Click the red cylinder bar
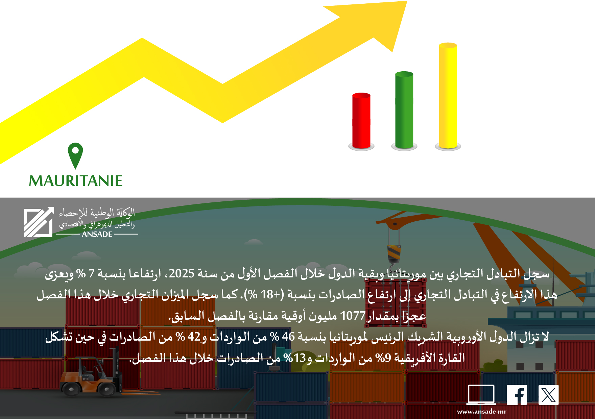[361, 121]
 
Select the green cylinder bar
[404, 110]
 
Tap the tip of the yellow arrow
[407, 1]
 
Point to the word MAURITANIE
[76, 181]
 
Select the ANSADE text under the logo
[97, 234]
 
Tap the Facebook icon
[517, 395]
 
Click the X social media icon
[548, 395]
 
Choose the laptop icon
[481, 395]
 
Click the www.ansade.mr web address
[482, 412]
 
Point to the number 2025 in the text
[182, 273]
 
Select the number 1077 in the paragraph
[353, 316]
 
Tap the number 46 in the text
[288, 337]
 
